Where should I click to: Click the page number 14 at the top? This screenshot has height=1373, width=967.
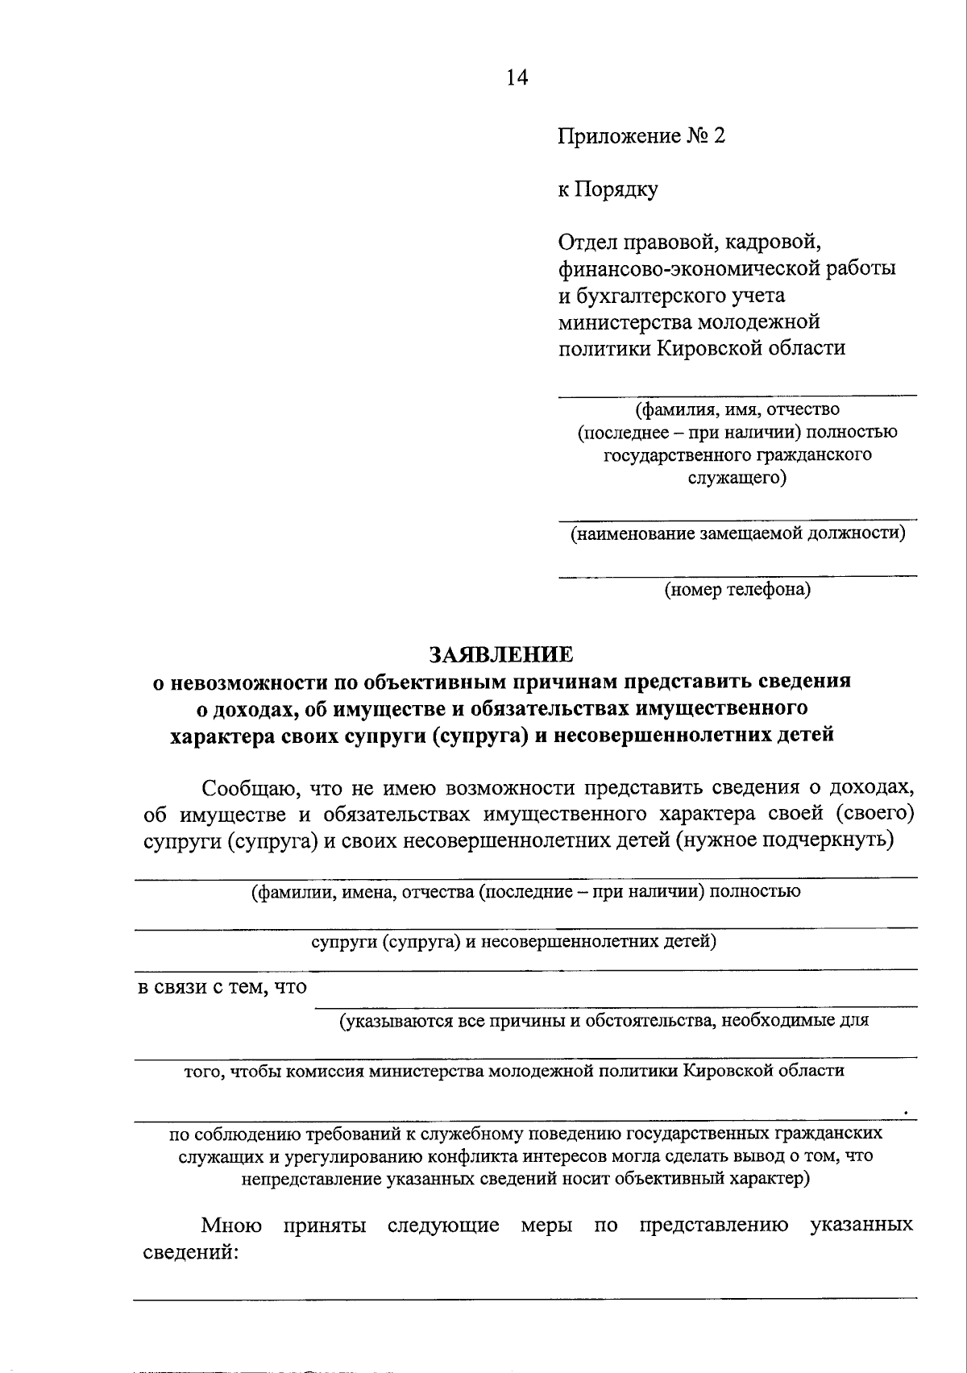[x=516, y=77]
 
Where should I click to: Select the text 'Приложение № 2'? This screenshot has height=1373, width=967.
[x=641, y=136]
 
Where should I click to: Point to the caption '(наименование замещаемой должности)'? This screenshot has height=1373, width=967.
[x=737, y=533]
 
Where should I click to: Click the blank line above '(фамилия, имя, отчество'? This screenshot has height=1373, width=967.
[x=737, y=395]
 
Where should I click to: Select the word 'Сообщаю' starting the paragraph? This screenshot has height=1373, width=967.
[x=242, y=787]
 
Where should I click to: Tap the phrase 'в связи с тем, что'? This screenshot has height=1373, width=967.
[x=221, y=987]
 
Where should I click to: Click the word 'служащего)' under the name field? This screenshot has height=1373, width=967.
[x=737, y=478]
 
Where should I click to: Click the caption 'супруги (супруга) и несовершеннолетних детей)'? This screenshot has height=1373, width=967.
[x=513, y=941]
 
